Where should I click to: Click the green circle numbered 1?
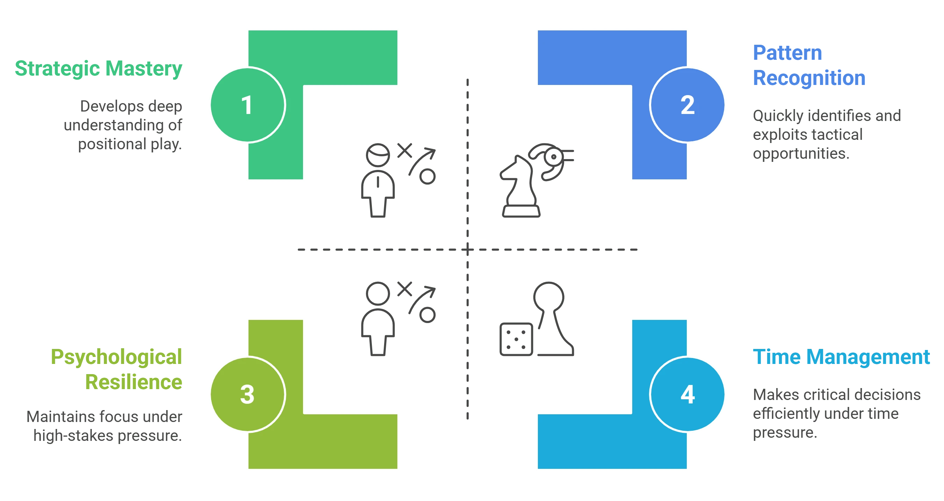click(247, 105)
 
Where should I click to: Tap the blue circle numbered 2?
click(687, 105)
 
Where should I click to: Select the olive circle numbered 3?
click(247, 394)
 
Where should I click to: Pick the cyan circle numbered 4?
click(687, 394)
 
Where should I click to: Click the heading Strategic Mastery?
click(98, 69)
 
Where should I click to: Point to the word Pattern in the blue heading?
click(787, 53)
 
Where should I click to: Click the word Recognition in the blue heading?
click(809, 78)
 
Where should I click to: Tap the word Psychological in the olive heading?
click(116, 357)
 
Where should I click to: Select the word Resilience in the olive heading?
click(133, 382)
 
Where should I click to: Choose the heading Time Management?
click(841, 357)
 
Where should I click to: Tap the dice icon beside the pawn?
click(515, 339)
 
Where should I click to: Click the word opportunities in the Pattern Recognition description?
click(800, 153)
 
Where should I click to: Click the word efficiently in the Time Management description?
click(786, 414)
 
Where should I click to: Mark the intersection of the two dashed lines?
click(467, 249)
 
